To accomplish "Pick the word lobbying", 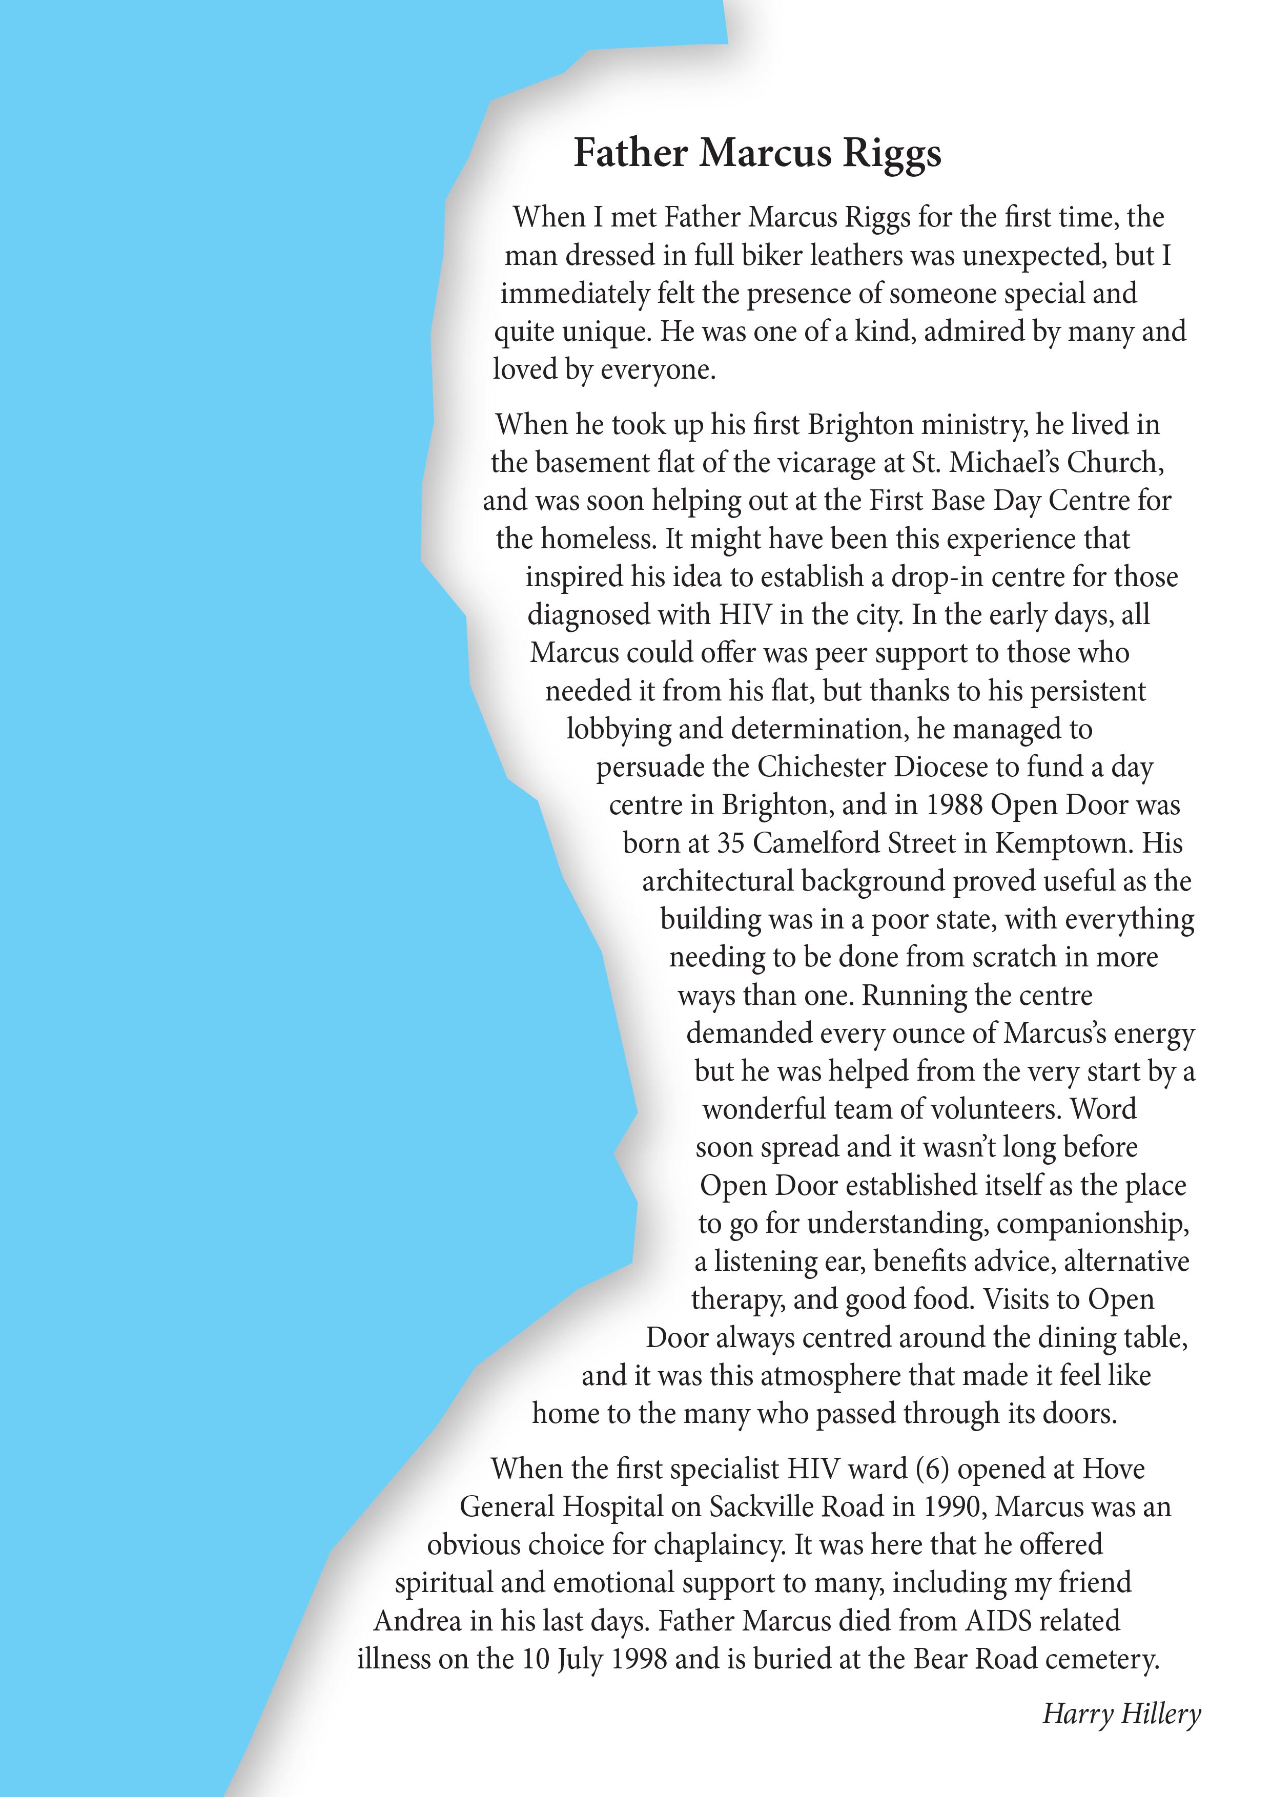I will point(618,730).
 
